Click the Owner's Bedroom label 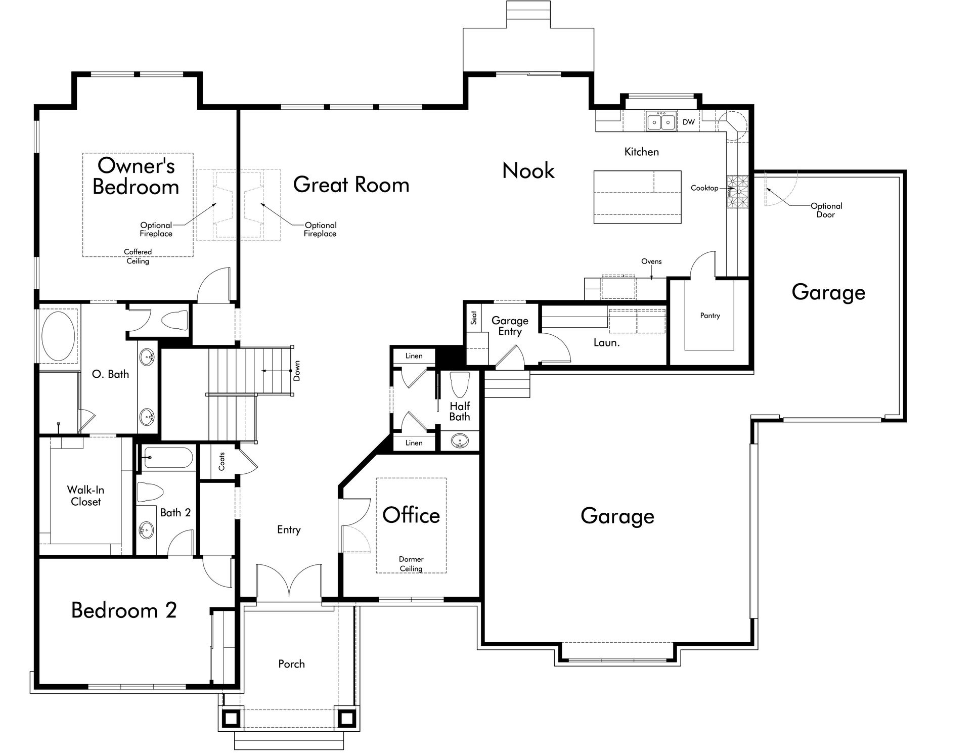click(x=136, y=176)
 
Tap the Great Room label click(x=351, y=185)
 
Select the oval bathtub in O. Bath click(x=58, y=336)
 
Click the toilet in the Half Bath click(x=460, y=385)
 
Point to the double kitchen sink click(x=661, y=122)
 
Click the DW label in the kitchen click(x=688, y=122)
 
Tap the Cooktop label click(x=704, y=188)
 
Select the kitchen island click(x=637, y=197)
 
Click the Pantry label click(x=710, y=316)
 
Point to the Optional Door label click(x=826, y=210)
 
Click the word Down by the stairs click(x=297, y=371)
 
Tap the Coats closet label click(x=221, y=461)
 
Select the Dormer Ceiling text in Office click(x=411, y=564)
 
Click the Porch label click(x=291, y=664)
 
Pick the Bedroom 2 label click(x=124, y=610)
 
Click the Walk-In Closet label click(x=85, y=496)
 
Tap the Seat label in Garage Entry click(x=474, y=318)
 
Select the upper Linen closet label click(x=414, y=356)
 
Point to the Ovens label click(x=651, y=261)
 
